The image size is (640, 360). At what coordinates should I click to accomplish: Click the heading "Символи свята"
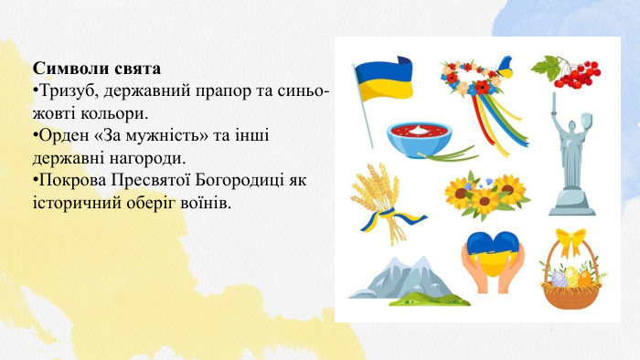96,69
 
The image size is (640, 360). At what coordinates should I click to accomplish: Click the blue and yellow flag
384,82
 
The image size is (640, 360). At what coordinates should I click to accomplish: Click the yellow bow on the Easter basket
572,242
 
